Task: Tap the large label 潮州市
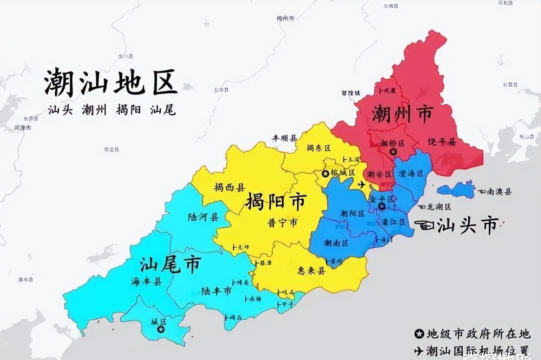click(x=402, y=114)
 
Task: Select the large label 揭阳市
click(x=276, y=202)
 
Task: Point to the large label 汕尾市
click(x=170, y=265)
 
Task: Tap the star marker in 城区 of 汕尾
click(x=160, y=329)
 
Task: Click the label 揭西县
click(x=229, y=187)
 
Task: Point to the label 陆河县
click(x=203, y=217)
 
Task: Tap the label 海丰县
click(x=146, y=282)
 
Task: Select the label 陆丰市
click(x=216, y=291)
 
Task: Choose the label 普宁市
click(x=282, y=222)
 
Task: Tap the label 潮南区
click(x=336, y=243)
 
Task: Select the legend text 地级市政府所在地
click(x=478, y=333)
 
